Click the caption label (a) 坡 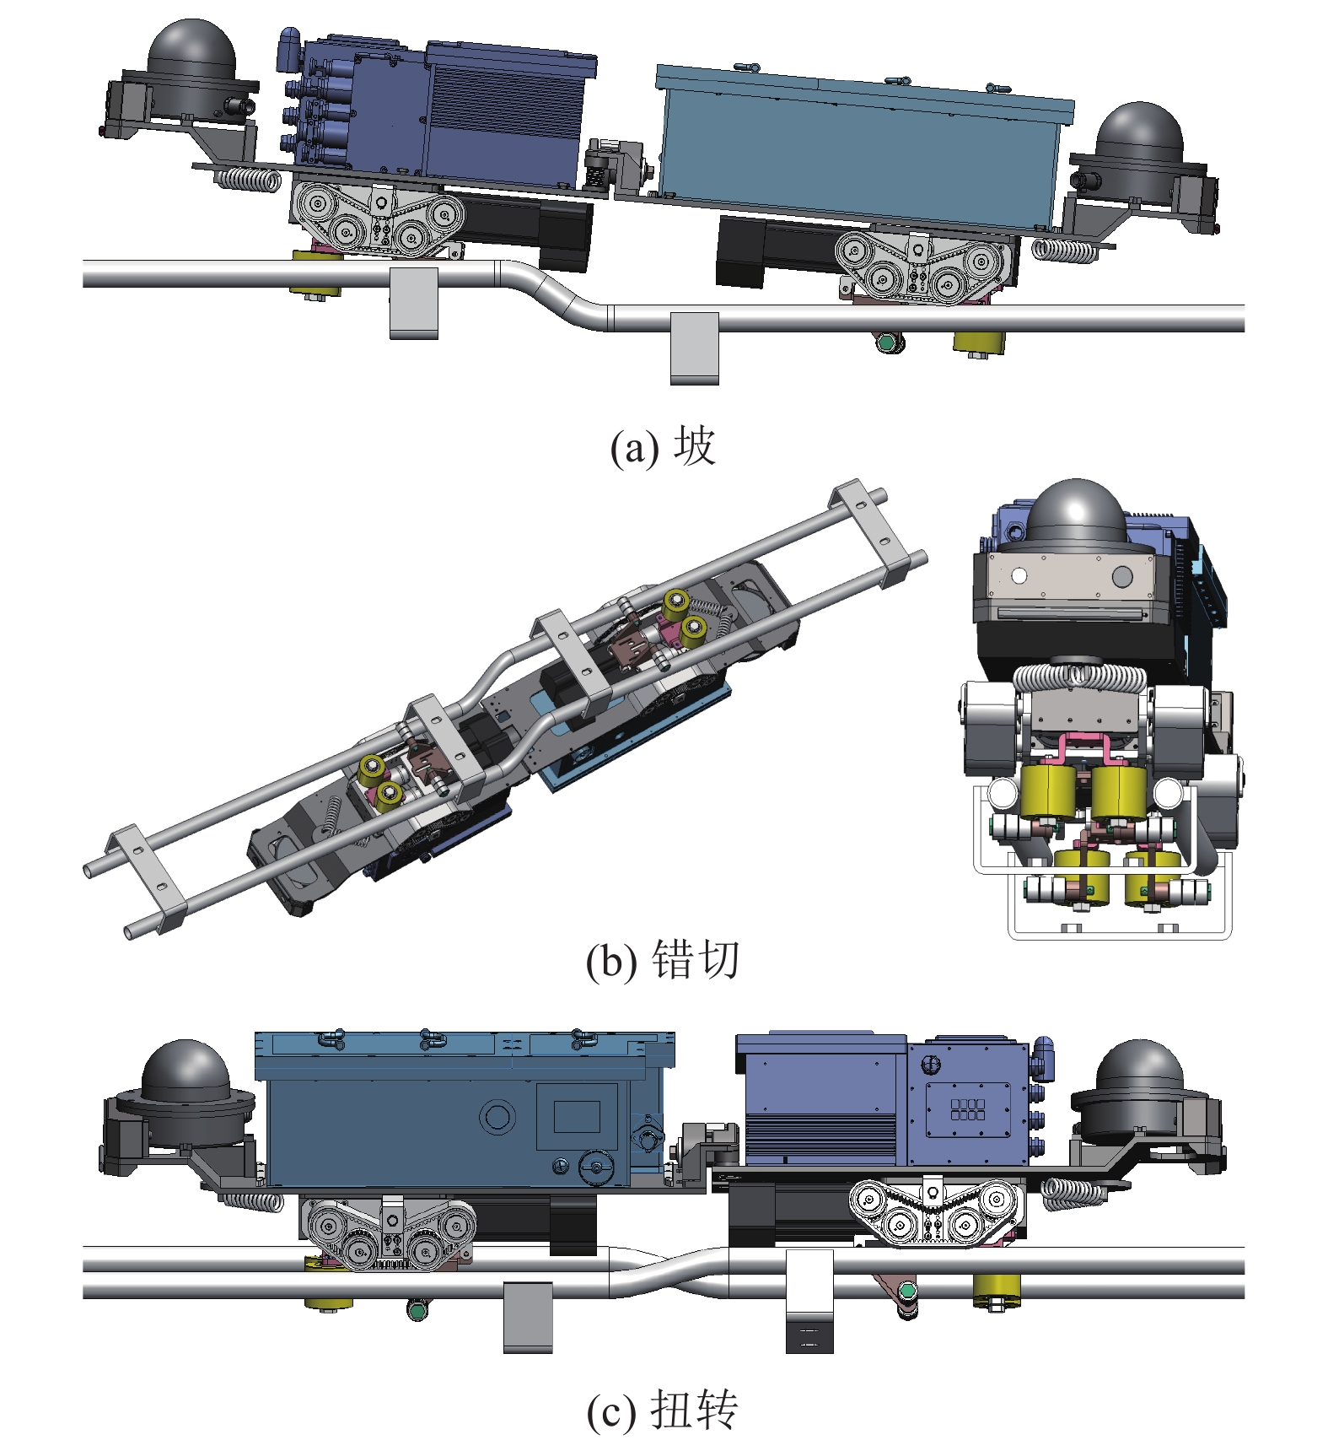click(x=663, y=446)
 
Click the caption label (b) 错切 click(x=663, y=960)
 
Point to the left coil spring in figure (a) click(x=248, y=179)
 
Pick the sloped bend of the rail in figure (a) click(x=552, y=292)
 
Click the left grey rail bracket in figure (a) click(x=413, y=303)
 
